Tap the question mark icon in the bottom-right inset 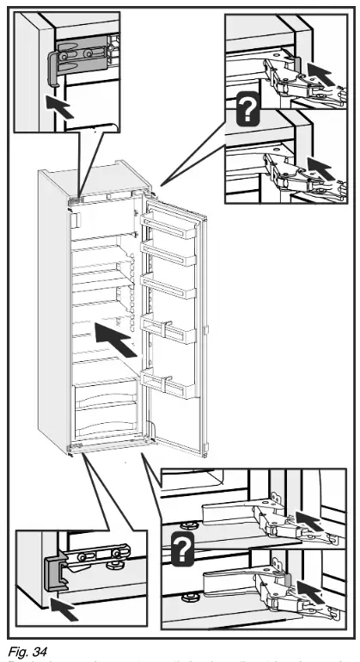click(x=180, y=548)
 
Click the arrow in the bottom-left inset click(x=61, y=611)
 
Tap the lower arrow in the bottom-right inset click(x=308, y=593)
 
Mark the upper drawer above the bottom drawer click(x=102, y=397)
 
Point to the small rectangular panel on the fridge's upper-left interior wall click(x=76, y=221)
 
